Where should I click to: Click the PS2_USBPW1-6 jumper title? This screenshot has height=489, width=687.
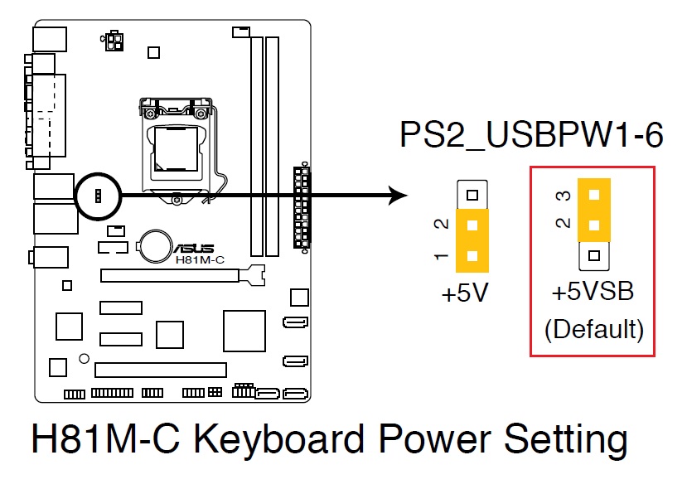tap(531, 135)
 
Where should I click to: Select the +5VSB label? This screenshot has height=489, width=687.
tap(593, 293)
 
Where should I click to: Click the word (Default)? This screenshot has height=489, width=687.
tap(593, 329)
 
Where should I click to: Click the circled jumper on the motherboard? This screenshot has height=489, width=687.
tap(98, 196)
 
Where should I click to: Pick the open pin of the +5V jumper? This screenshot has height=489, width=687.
tap(472, 196)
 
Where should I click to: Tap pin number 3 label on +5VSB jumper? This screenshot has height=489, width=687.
tap(562, 196)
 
